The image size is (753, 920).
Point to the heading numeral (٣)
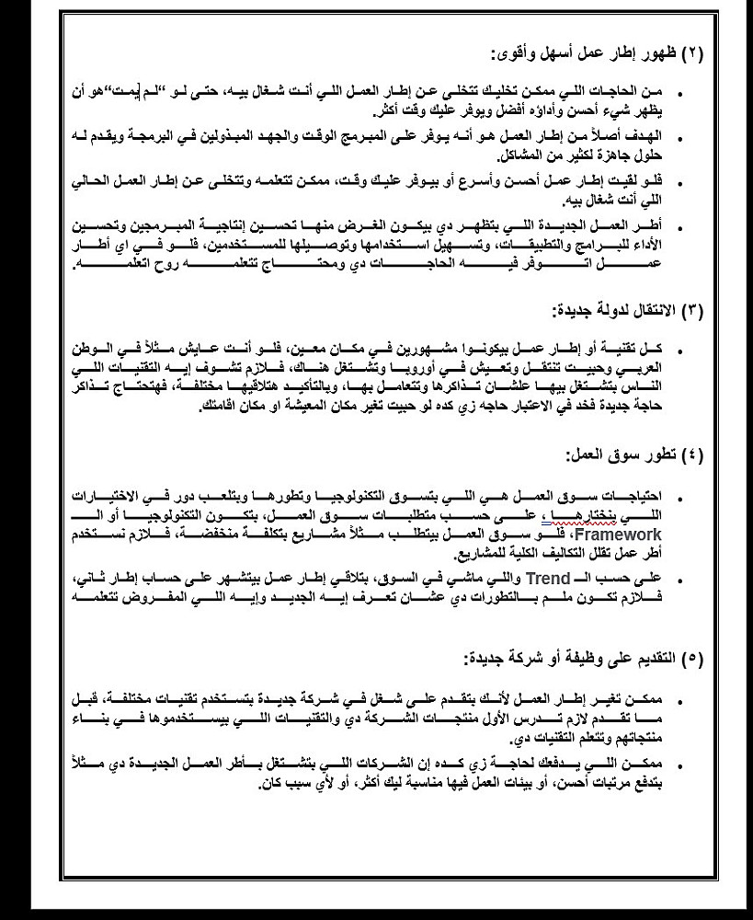pyautogui.click(x=691, y=310)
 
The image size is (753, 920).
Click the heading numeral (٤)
pyautogui.click(x=691, y=454)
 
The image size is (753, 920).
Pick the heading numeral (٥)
pyautogui.click(x=691, y=659)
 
